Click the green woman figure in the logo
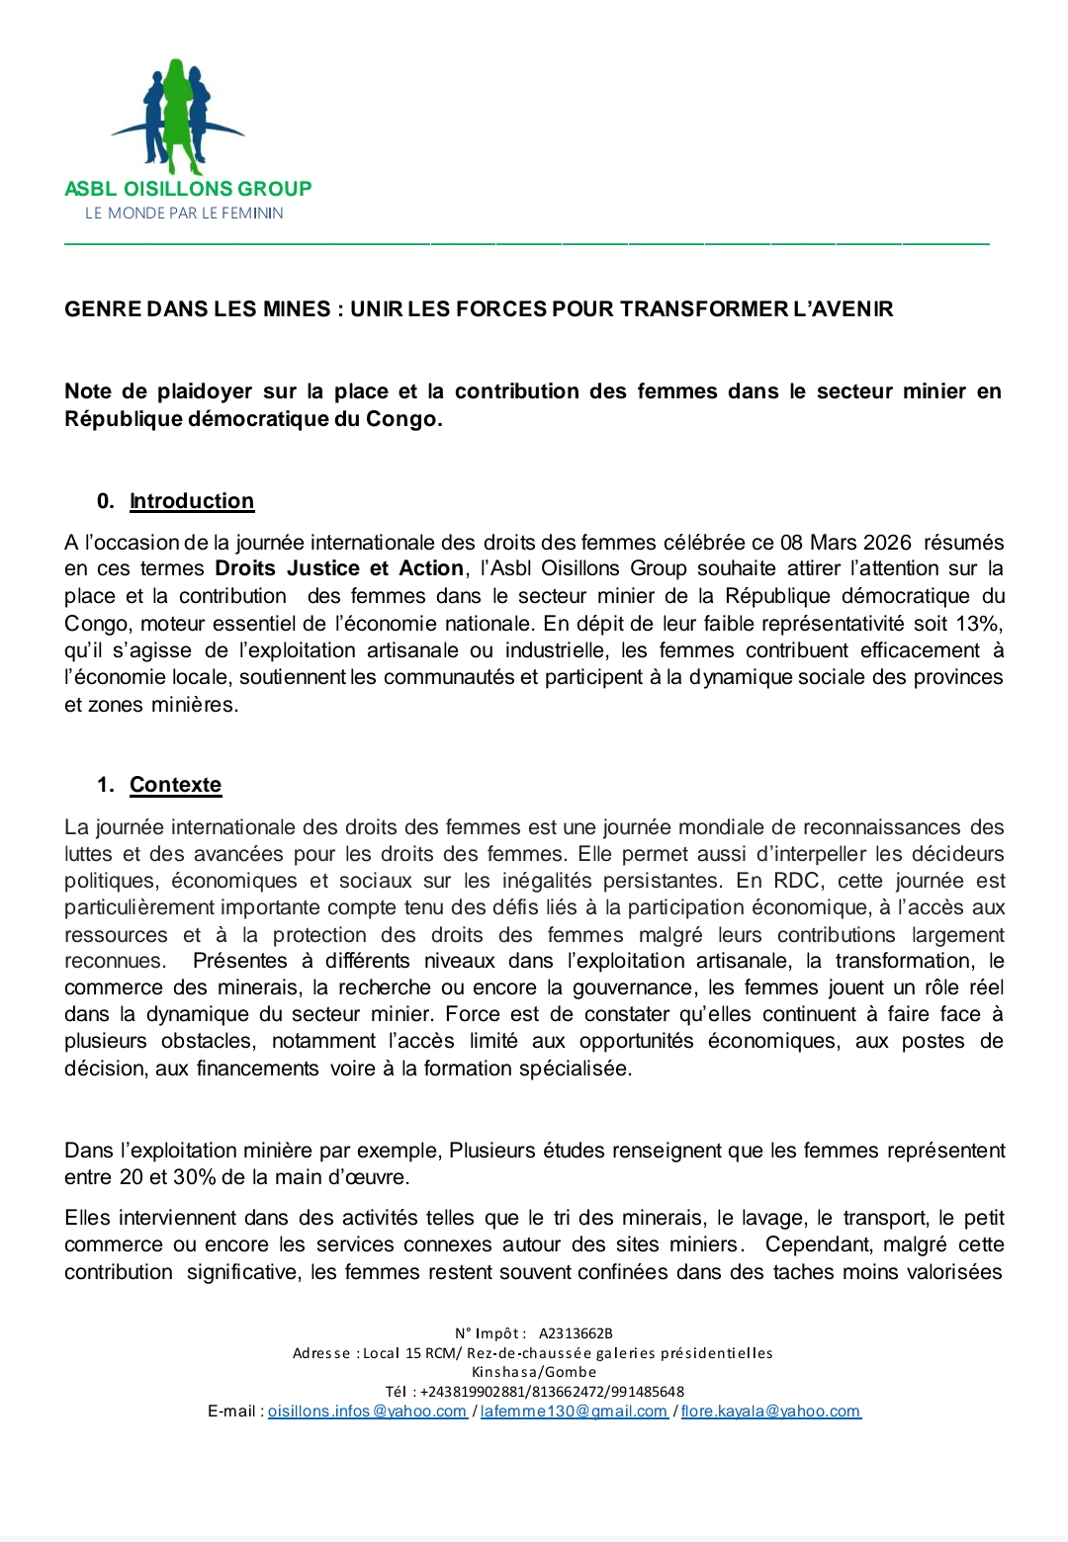pyautogui.click(x=177, y=114)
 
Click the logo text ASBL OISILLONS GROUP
pyautogui.click(x=188, y=188)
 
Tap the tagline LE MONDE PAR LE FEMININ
pyautogui.click(x=184, y=213)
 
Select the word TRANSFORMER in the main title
pyautogui.click(x=704, y=309)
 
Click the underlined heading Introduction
pyautogui.click(x=192, y=501)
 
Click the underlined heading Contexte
pyautogui.click(x=175, y=785)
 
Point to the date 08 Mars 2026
pyautogui.click(x=845, y=542)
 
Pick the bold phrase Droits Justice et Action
pyautogui.click(x=339, y=568)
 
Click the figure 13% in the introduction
pyautogui.click(x=979, y=624)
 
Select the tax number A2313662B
pyautogui.click(x=576, y=1333)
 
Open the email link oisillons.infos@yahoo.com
pyautogui.click(x=367, y=1412)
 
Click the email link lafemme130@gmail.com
pyautogui.click(x=574, y=1412)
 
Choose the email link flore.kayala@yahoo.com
pyautogui.click(x=770, y=1412)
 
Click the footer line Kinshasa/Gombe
pyautogui.click(x=534, y=1372)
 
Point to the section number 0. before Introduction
pyautogui.click(x=105, y=501)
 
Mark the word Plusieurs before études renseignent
pyautogui.click(x=492, y=1151)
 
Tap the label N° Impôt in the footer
pyautogui.click(x=489, y=1333)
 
